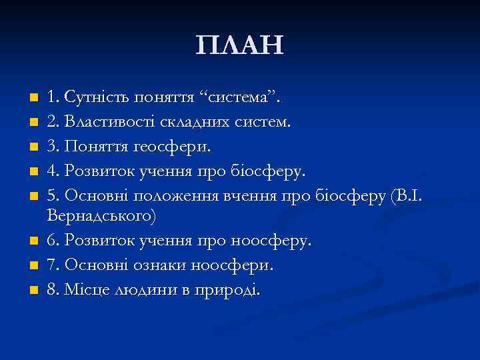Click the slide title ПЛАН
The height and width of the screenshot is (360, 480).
240,46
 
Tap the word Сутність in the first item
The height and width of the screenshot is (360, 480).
94,99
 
